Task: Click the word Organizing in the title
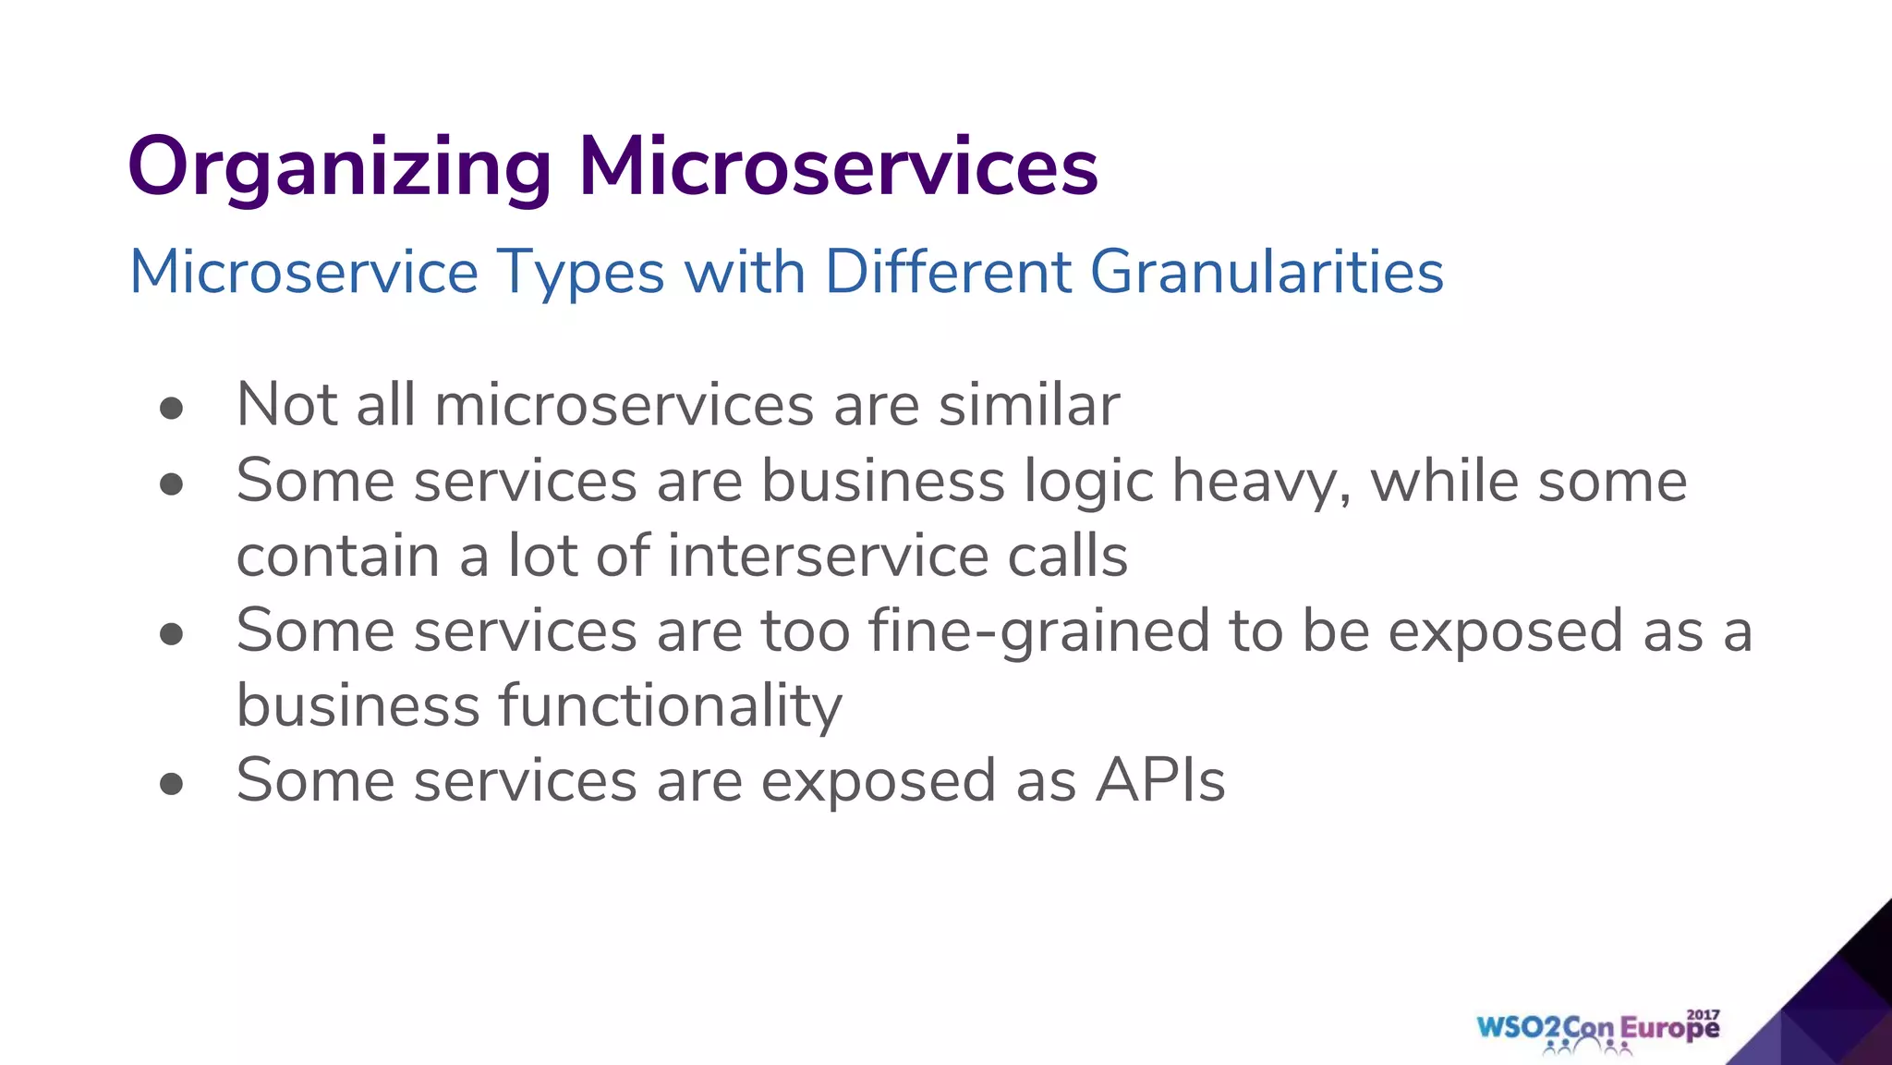(x=339, y=168)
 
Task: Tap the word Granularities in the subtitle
(x=1267, y=272)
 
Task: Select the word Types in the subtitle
(x=580, y=274)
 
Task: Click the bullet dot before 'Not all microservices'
(x=171, y=408)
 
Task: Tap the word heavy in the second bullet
(x=1261, y=483)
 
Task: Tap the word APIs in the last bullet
(x=1160, y=780)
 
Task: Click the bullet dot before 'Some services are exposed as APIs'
(x=171, y=784)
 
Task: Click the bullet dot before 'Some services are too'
(x=171, y=633)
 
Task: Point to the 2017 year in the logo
(x=1703, y=1014)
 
